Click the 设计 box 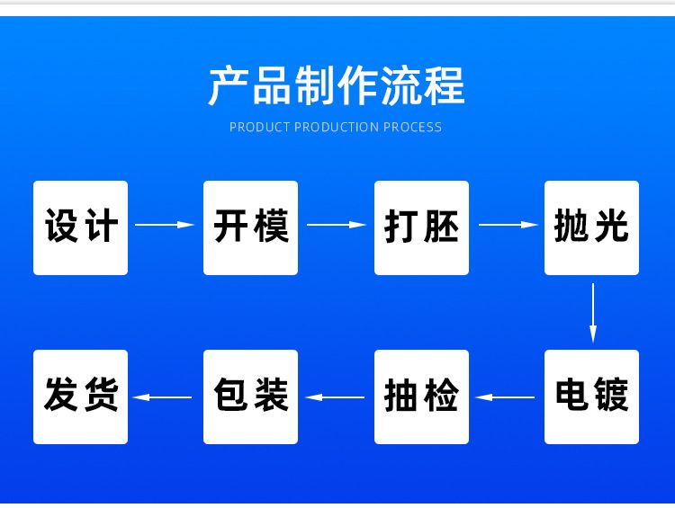pyautogui.click(x=80, y=228)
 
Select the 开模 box pyautogui.click(x=250, y=228)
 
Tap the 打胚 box pyautogui.click(x=421, y=228)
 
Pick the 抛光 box pyautogui.click(x=591, y=228)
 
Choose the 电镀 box pyautogui.click(x=591, y=397)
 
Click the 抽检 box pyautogui.click(x=421, y=397)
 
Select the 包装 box pyautogui.click(x=250, y=397)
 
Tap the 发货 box pyautogui.click(x=80, y=397)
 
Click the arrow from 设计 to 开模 pyautogui.click(x=165, y=225)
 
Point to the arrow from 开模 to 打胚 pyautogui.click(x=337, y=225)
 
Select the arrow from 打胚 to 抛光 pyautogui.click(x=508, y=225)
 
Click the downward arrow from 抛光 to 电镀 pyautogui.click(x=593, y=313)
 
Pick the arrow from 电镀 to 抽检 pyautogui.click(x=505, y=397)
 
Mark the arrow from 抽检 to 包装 pyautogui.click(x=335, y=397)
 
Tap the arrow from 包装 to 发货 pyautogui.click(x=162, y=397)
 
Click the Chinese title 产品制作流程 pyautogui.click(x=337, y=86)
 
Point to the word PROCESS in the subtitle pyautogui.click(x=412, y=128)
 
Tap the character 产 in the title pyautogui.click(x=229, y=86)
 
